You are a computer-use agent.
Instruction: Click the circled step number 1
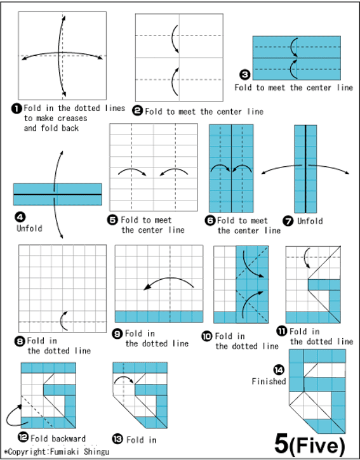click(x=16, y=108)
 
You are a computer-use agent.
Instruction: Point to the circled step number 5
click(x=112, y=220)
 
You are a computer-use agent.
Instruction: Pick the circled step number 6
click(x=210, y=221)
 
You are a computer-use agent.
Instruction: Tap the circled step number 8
click(x=19, y=341)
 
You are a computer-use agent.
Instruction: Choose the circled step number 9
click(x=118, y=333)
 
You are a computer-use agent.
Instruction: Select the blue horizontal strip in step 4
click(x=57, y=194)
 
